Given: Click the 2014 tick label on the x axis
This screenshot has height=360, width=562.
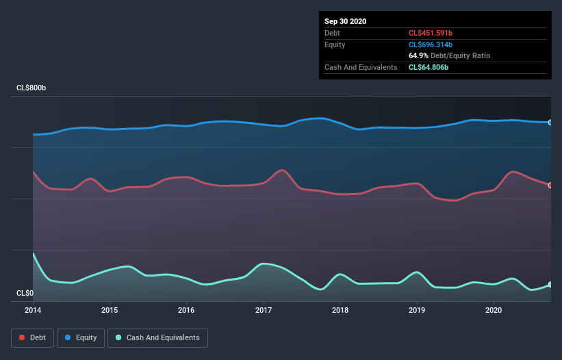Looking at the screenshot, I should coord(33,310).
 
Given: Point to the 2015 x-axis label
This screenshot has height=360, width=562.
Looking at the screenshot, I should coord(110,310).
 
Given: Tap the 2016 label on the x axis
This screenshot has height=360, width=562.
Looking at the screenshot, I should coord(186,310).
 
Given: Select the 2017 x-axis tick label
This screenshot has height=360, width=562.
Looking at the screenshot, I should coord(263,310).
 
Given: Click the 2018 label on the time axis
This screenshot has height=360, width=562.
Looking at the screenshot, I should coord(340,310).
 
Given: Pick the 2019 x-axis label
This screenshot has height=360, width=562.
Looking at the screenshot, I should coord(416,310).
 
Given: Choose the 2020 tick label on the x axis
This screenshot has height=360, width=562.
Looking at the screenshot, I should coord(493,310).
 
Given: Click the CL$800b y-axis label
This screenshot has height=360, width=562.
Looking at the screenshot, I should coord(31,88).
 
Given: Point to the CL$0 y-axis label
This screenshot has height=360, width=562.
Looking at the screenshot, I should coord(25,293).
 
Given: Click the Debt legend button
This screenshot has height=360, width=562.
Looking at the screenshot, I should coord(31,337).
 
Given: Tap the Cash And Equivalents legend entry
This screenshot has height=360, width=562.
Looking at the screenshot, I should coord(157,337).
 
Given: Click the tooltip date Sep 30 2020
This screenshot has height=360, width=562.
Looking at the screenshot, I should coord(346,21).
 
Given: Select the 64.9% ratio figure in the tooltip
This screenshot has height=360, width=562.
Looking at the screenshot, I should coord(418,55).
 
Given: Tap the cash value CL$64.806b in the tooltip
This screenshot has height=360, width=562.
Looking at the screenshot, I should coord(429,67).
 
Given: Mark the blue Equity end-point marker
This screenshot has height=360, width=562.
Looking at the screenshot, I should coord(550,123).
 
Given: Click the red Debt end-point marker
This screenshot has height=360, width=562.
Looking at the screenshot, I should coord(550,185).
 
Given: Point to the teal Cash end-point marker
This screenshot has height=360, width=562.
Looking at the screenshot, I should coord(550,285).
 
